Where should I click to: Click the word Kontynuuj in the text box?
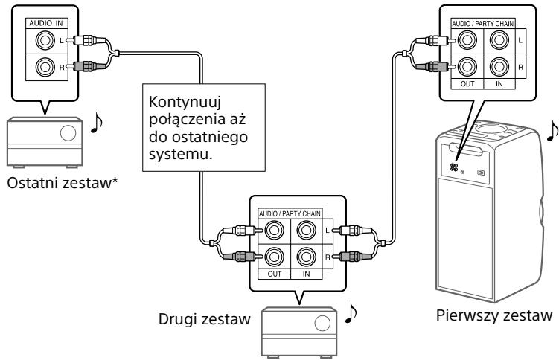tap(182, 100)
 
